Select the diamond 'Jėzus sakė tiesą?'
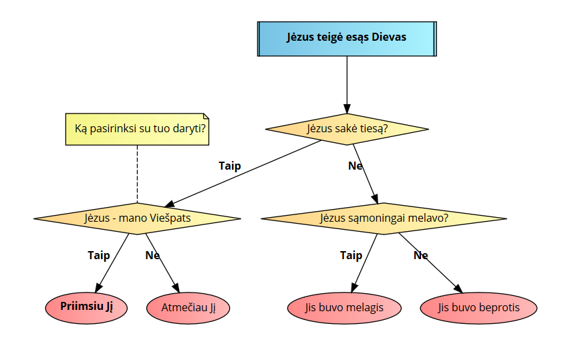coord(347,128)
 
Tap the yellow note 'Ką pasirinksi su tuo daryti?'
coord(137,129)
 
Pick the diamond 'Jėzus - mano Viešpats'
coord(137,218)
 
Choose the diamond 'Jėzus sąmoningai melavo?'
coord(384,218)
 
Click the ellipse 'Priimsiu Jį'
coord(85,307)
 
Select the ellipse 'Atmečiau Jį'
coord(188,308)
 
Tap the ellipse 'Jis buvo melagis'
coord(344,308)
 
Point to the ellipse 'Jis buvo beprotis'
coord(478,308)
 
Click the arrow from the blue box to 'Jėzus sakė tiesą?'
coord(347,83)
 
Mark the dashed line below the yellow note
coord(137,174)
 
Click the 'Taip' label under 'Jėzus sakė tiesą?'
coord(230,166)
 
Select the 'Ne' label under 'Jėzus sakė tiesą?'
coord(355,166)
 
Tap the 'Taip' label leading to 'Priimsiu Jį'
coord(99,255)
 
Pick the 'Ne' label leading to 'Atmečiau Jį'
coord(152,255)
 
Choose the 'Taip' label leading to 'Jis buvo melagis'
coord(351,255)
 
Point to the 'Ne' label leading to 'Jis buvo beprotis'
coord(420,255)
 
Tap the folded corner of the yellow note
coord(204,116)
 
